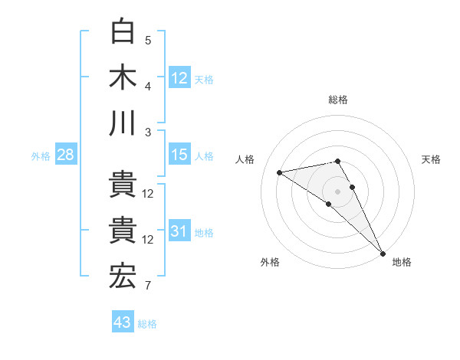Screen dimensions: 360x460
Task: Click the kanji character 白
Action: point(123,31)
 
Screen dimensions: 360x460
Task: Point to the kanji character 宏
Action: point(123,277)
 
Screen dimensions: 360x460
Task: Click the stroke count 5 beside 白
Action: point(148,41)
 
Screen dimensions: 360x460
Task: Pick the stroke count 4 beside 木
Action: point(148,86)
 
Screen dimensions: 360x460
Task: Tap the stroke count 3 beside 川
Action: point(148,132)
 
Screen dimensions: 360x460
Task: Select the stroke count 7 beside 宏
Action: point(148,286)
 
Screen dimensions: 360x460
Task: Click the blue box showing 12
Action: point(179,77)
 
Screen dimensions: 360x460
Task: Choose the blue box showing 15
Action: point(179,155)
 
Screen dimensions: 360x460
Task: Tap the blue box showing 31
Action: point(179,231)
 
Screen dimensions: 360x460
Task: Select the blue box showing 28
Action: point(65,155)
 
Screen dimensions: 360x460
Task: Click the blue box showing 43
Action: point(123,322)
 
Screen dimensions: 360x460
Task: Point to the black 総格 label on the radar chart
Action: point(338,100)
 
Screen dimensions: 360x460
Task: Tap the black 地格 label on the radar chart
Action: point(402,262)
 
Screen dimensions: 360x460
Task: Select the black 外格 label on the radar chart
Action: point(270,262)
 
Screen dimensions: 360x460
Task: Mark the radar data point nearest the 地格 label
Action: point(382,254)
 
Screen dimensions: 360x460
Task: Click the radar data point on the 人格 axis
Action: point(280,172)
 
